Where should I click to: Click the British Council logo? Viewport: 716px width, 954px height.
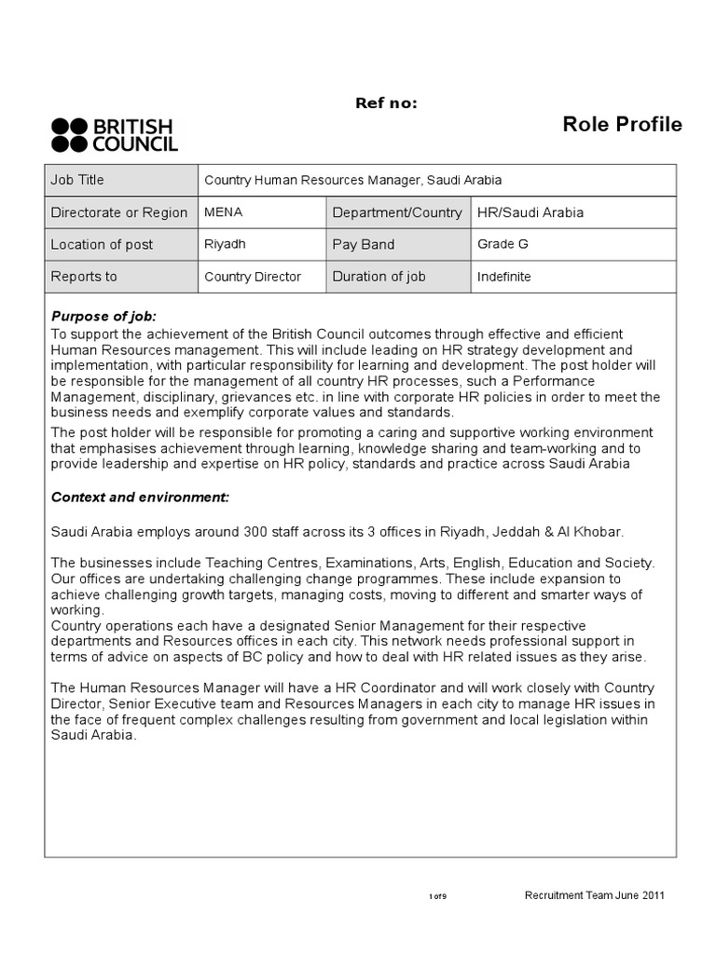tap(114, 135)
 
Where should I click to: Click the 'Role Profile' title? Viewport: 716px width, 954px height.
tap(622, 125)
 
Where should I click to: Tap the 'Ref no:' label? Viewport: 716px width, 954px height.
tap(386, 102)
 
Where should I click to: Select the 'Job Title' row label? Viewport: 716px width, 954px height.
tap(77, 181)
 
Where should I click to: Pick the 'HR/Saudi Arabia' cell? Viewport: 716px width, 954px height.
tap(530, 212)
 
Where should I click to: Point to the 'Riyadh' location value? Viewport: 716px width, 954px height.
tap(225, 244)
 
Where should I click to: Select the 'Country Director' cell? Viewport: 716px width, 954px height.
tap(253, 277)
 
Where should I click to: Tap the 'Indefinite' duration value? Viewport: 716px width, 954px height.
tap(503, 277)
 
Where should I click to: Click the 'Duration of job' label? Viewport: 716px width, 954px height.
tap(379, 277)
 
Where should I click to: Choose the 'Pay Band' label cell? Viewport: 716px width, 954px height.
tap(364, 244)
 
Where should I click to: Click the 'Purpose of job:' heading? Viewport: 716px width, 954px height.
tap(103, 317)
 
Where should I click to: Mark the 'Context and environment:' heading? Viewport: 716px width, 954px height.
tap(140, 497)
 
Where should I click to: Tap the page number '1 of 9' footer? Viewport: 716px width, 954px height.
tap(438, 896)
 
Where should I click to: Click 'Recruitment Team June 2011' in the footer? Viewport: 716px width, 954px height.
tap(595, 895)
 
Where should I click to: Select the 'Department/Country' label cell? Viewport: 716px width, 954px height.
tap(397, 212)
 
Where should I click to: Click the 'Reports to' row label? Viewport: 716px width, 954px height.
tap(84, 277)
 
